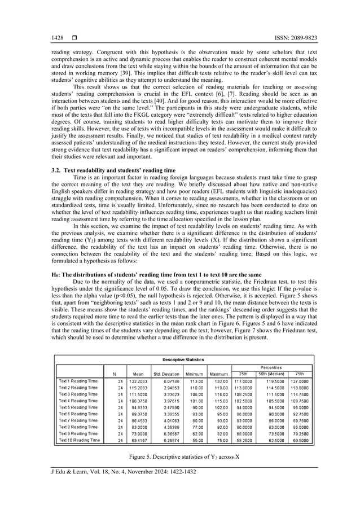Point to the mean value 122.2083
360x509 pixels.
138,381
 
